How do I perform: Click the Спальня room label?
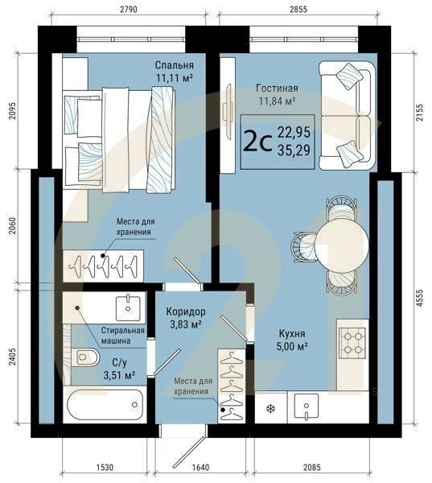click(x=174, y=65)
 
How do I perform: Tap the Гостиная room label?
click(x=277, y=89)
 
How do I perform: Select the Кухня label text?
click(x=292, y=333)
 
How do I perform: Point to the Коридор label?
click(x=186, y=312)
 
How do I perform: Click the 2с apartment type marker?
click(x=257, y=142)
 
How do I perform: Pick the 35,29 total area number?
click(x=294, y=151)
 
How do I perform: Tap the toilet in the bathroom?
click(x=85, y=357)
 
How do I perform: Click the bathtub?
click(x=105, y=405)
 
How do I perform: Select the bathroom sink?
click(x=128, y=308)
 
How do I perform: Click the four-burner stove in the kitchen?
click(x=352, y=343)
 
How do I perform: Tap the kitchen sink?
click(x=306, y=406)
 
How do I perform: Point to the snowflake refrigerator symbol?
click(x=270, y=409)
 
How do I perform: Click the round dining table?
click(x=341, y=240)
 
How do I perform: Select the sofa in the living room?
click(x=347, y=115)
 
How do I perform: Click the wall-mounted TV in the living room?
click(x=228, y=113)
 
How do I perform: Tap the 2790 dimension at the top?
click(x=129, y=10)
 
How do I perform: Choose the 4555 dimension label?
click(x=419, y=298)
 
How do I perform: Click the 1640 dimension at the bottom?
click(x=200, y=467)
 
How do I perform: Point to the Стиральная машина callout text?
click(x=123, y=336)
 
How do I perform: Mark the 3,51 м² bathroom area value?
click(x=120, y=375)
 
